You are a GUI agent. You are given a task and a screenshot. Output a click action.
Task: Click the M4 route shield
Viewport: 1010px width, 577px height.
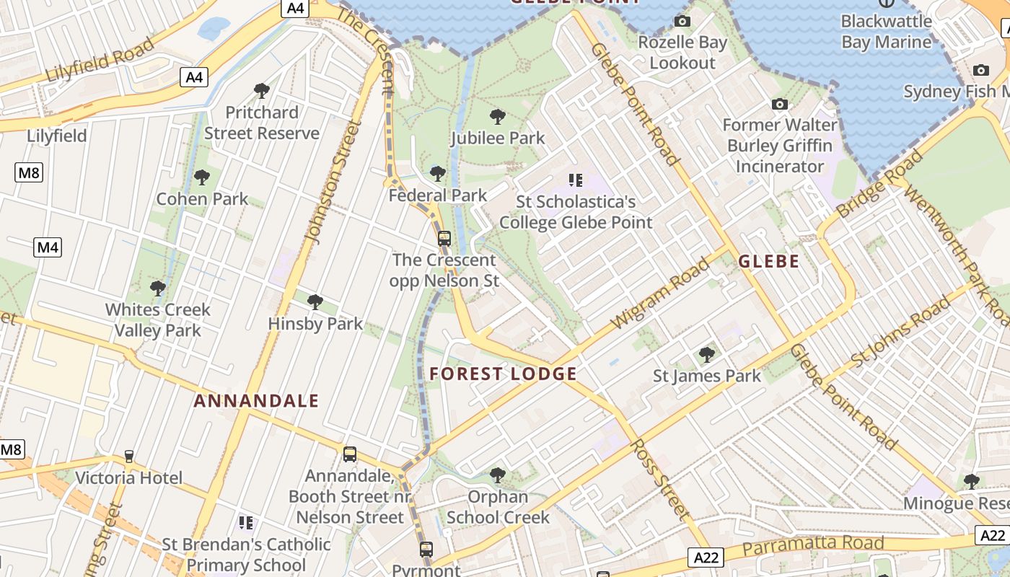[x=48, y=247]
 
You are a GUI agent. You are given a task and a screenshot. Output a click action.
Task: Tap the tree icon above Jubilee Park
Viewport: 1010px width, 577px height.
[x=497, y=116]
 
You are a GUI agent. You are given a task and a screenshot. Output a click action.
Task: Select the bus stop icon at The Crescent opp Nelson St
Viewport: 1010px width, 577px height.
[x=444, y=238]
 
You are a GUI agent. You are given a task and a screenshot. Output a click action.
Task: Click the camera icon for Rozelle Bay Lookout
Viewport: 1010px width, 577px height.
[x=682, y=22]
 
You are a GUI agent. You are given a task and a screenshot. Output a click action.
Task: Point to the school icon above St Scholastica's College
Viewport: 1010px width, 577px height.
[x=575, y=180]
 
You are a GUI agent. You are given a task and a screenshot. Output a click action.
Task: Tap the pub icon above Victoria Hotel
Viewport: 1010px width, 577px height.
[x=129, y=456]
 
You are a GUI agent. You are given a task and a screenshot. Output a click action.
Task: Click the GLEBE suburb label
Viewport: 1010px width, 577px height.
[x=768, y=261]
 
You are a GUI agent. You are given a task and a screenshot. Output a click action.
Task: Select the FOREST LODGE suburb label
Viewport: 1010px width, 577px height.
[x=503, y=374]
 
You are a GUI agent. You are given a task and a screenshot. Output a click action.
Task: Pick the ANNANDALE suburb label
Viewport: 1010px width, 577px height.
[x=256, y=401]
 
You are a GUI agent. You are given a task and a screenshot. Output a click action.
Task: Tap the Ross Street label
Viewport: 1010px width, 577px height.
[x=658, y=479]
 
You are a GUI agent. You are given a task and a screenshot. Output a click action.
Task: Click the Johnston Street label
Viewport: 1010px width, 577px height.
[x=333, y=181]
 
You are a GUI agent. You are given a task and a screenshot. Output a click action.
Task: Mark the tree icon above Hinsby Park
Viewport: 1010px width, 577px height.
[x=315, y=301]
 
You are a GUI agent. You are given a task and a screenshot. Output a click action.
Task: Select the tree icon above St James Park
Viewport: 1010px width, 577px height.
[x=707, y=354]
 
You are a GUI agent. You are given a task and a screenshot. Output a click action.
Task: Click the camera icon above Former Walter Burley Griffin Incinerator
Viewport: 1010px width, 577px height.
[x=779, y=104]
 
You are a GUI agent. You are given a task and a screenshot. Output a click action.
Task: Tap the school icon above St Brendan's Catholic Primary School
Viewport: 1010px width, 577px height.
[x=246, y=522]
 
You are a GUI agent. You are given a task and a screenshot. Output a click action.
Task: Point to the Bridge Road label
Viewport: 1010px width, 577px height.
[x=880, y=184]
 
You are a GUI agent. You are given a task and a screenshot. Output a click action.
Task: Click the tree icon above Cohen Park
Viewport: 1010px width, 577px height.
[x=202, y=177]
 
